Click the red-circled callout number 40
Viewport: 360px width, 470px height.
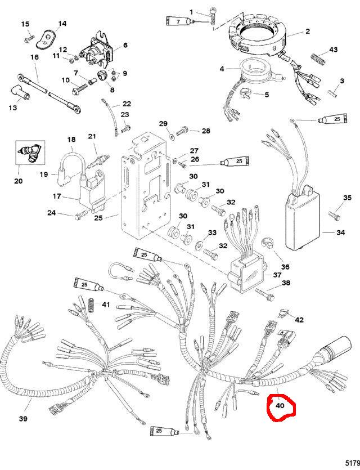[x=279, y=405]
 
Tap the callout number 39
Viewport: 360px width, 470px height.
[x=23, y=419]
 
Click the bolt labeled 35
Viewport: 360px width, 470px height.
[x=335, y=214]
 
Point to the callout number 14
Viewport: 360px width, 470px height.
[x=62, y=23]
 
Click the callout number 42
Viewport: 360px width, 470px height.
[x=299, y=320]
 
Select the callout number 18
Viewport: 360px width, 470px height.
[x=71, y=139]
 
